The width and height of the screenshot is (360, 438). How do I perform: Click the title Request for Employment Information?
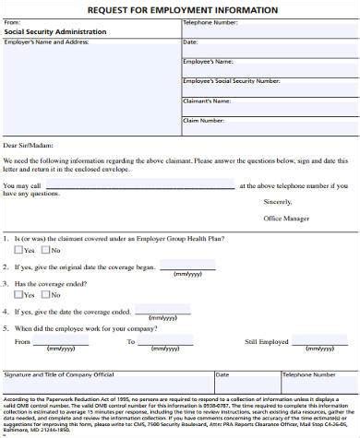click(x=181, y=9)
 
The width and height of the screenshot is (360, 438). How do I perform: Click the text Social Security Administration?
click(x=54, y=30)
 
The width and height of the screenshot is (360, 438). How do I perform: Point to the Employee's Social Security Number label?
click(x=231, y=80)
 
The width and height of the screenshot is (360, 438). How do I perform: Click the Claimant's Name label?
click(x=207, y=100)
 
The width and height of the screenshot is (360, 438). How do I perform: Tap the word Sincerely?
click(x=277, y=200)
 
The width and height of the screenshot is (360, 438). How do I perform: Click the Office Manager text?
click(x=286, y=218)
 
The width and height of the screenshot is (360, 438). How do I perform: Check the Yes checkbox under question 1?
click(x=19, y=250)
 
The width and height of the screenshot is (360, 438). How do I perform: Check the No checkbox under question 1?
click(x=44, y=250)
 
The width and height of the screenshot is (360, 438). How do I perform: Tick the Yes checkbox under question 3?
click(x=19, y=295)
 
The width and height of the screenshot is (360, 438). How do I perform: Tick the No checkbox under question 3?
click(x=44, y=295)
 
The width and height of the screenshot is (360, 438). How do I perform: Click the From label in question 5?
click(x=22, y=341)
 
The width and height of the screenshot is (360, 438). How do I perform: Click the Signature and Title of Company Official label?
click(x=59, y=375)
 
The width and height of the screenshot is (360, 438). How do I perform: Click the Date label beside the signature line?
click(x=222, y=375)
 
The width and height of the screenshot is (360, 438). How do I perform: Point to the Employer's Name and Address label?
click(x=46, y=41)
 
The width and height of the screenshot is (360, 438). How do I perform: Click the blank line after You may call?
click(x=138, y=185)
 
